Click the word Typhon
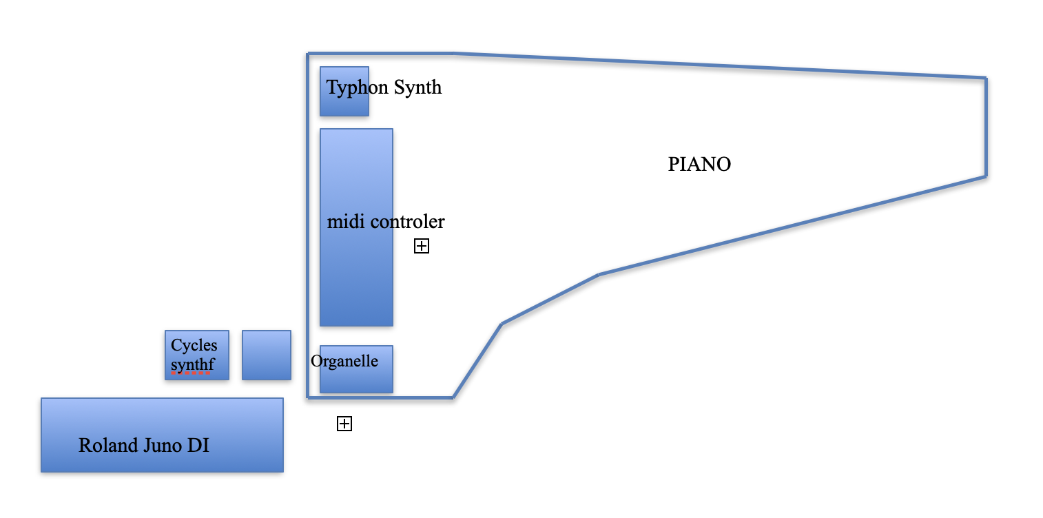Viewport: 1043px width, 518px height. [x=357, y=88]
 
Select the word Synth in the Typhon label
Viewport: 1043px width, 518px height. [x=417, y=87]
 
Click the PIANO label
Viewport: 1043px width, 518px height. [x=699, y=165]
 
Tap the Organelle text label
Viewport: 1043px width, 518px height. [x=344, y=361]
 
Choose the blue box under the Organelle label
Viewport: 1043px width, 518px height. [x=356, y=380]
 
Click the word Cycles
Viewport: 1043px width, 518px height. [x=194, y=345]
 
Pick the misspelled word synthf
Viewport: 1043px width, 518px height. [x=192, y=364]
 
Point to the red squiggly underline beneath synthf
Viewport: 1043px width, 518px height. [x=190, y=373]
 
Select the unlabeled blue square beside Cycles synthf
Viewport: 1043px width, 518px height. [x=267, y=355]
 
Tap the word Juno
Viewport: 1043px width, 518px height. [x=163, y=445]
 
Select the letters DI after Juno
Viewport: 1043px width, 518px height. [x=198, y=445]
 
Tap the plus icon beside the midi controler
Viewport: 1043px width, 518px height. [x=422, y=246]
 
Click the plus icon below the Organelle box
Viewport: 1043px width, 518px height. [x=344, y=424]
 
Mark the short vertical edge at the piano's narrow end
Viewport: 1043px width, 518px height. [x=986, y=127]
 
